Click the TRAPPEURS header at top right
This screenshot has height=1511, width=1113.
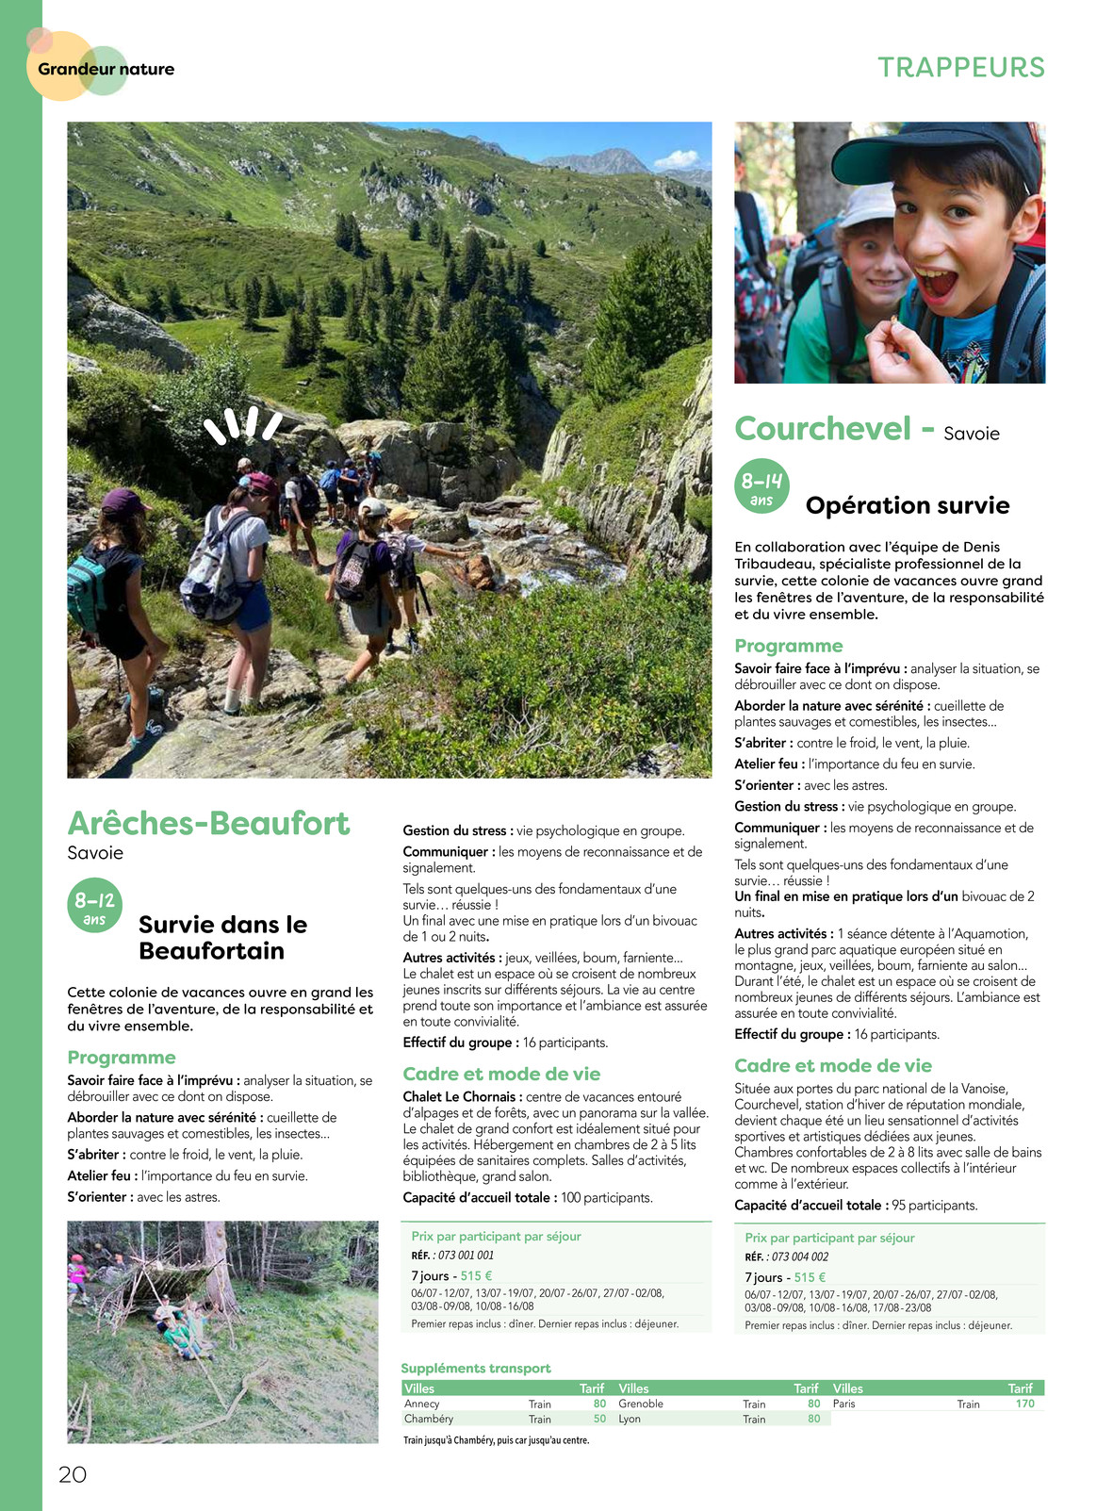tap(961, 68)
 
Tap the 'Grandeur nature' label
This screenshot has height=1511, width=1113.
tap(106, 69)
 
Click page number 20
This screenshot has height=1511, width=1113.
tap(73, 1474)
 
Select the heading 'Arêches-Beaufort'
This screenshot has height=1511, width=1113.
tap(208, 823)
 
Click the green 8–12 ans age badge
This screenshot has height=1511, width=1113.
tap(94, 906)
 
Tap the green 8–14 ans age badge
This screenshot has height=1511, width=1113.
tap(761, 486)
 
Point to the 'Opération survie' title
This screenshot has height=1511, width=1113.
tap(907, 505)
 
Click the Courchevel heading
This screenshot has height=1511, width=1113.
tap(823, 429)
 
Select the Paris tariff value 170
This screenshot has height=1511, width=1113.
tap(1024, 1404)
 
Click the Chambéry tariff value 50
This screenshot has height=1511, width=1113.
tap(599, 1419)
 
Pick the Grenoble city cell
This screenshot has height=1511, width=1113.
tap(641, 1404)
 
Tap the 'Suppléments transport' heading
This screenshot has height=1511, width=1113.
tap(476, 1368)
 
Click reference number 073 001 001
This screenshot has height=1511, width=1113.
tap(466, 1256)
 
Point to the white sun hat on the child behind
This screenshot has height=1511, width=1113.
tap(866, 205)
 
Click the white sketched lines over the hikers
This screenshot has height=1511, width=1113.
tap(243, 425)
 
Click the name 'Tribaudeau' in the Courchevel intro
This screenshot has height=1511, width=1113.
tap(769, 564)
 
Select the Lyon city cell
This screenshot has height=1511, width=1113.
tap(630, 1419)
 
